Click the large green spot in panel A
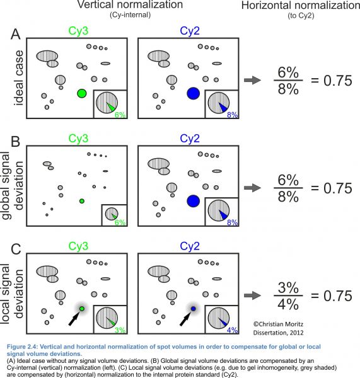point(82,93)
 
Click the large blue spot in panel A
point(194,93)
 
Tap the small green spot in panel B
point(82,201)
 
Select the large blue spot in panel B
point(194,201)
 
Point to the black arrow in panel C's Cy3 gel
point(74,318)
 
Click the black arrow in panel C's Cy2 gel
point(185,318)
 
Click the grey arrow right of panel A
point(252,80)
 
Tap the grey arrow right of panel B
point(252,188)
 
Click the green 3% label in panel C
point(120,330)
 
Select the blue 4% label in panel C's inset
point(232,330)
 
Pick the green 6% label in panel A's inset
point(120,115)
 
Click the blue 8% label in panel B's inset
point(232,222)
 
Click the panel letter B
point(15,142)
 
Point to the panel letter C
point(16,249)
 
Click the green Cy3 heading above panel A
point(78,31)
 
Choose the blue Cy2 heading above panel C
point(190,246)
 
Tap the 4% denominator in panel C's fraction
point(288,304)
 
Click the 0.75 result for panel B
point(337,188)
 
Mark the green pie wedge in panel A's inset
point(111,107)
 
